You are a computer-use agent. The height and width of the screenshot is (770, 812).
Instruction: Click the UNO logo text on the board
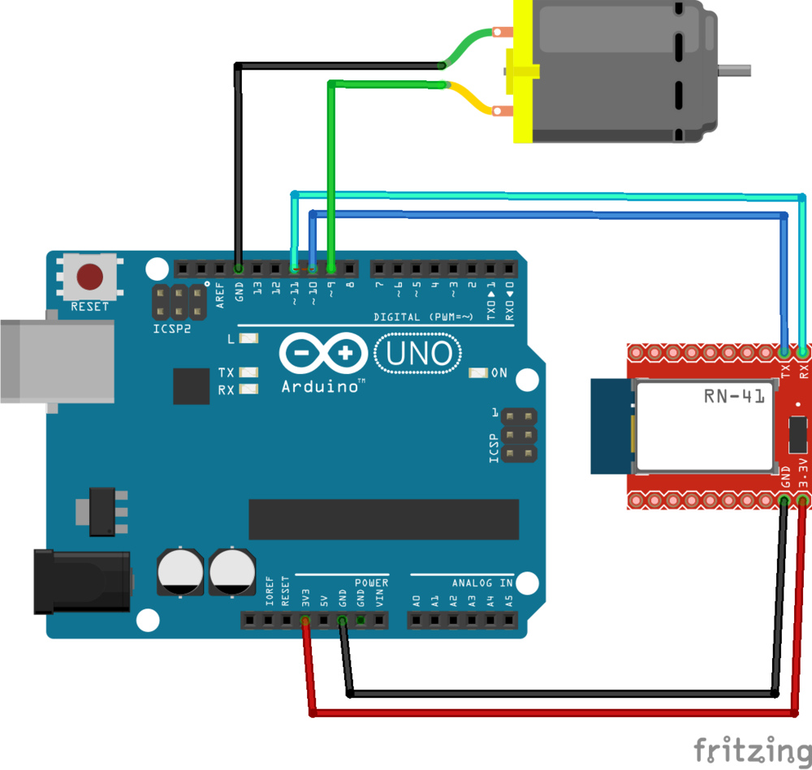[417, 354]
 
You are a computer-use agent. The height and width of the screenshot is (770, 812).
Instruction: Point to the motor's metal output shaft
[736, 71]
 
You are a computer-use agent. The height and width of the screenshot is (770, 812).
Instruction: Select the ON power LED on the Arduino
[478, 373]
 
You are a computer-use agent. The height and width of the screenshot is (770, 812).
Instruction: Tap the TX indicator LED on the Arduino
[248, 373]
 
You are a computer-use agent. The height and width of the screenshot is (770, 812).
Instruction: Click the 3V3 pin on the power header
[305, 621]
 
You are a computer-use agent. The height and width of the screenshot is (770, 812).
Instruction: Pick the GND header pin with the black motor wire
[239, 268]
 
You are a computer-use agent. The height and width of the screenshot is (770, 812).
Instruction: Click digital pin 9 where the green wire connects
[331, 268]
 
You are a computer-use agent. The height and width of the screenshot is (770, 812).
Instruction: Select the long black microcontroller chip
[383, 519]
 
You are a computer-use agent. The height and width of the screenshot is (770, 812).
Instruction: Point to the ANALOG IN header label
[482, 583]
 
